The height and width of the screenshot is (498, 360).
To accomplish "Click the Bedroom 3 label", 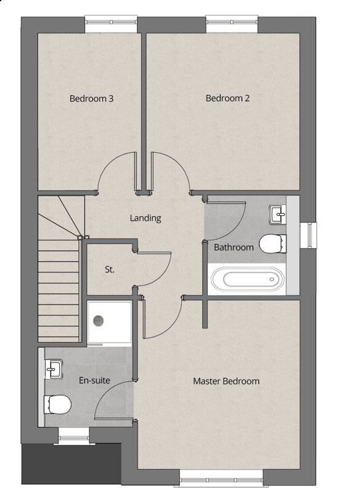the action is point(91,99).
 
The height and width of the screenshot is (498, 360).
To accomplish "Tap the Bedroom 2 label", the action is point(227,98).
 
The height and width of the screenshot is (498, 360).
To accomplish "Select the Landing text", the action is point(145,218).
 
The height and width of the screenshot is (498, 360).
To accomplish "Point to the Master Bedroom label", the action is point(226,381).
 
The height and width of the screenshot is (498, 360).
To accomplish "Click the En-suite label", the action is point(94,380).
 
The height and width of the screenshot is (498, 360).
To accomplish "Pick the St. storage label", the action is point(109,269).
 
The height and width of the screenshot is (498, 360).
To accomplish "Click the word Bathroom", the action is point(234,247).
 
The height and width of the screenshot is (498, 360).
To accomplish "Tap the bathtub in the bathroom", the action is point(247,279).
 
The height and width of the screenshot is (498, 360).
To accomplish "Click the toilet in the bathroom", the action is point(272,244).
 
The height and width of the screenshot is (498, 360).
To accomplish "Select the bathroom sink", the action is point(277,214).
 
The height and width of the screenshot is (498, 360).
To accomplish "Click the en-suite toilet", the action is point(57,404).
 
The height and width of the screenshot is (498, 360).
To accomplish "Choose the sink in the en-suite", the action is point(53,369).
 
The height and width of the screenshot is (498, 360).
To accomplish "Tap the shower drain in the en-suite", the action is point(99,320).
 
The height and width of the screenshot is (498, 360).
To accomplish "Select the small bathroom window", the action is point(308,235).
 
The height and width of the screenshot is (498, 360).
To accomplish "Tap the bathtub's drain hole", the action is point(272,279).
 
